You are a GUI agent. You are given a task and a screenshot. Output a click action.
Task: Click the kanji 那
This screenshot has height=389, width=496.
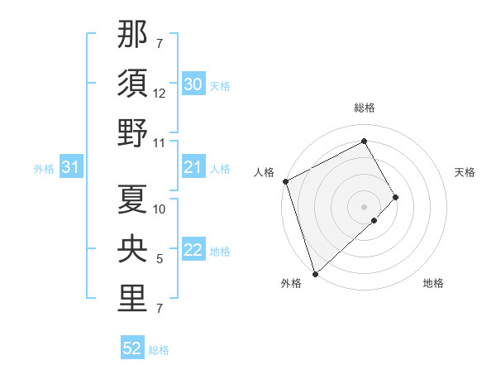point(133,36)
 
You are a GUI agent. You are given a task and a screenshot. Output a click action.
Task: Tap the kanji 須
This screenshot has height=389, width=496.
point(133,84)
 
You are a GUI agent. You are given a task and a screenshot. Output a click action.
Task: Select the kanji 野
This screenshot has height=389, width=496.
point(133,132)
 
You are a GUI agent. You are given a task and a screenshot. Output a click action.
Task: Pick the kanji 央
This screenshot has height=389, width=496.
point(133,250)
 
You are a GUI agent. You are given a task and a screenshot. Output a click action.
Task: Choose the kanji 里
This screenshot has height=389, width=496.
point(133,299)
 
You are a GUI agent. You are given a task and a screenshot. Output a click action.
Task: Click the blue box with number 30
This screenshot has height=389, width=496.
point(193,84)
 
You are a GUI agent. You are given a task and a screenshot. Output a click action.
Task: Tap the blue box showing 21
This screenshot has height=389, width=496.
point(193,168)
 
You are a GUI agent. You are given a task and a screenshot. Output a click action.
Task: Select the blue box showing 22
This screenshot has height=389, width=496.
point(193,251)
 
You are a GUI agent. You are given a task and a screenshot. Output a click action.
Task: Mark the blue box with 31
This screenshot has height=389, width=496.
point(70,168)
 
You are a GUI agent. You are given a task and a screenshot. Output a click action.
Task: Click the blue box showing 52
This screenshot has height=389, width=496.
point(132,349)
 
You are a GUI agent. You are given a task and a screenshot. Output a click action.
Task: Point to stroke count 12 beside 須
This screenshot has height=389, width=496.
point(160,94)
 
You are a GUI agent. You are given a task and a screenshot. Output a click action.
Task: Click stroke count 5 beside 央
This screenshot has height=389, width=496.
point(160,260)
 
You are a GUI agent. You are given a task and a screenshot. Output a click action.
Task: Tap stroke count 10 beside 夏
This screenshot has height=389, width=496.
point(160,209)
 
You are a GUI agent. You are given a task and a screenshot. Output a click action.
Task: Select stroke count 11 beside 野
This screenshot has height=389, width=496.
point(160,143)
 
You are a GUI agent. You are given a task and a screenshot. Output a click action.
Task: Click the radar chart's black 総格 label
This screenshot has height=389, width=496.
point(365,108)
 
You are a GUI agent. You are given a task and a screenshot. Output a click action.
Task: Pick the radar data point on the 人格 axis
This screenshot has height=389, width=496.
point(285,181)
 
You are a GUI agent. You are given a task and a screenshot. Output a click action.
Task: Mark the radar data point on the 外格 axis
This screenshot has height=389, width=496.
point(315,272)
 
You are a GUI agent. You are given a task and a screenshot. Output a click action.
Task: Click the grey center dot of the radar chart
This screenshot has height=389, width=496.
point(364,206)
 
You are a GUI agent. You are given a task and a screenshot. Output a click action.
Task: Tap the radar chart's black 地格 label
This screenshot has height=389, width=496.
point(433,284)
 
